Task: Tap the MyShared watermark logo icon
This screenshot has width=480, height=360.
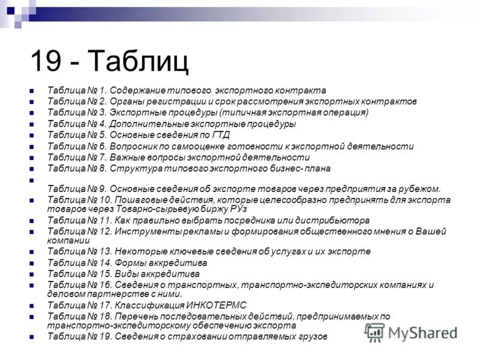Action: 374,332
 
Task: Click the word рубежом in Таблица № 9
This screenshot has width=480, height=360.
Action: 422,189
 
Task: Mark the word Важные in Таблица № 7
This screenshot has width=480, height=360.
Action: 127,157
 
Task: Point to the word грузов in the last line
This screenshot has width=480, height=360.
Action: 313,337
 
